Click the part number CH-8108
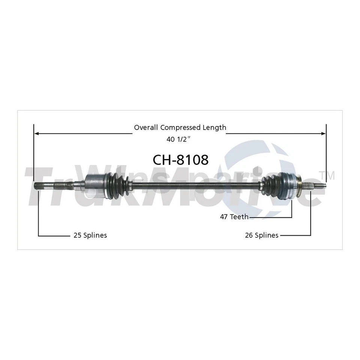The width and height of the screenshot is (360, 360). click(x=180, y=160)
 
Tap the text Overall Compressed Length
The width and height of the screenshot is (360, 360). click(x=180, y=127)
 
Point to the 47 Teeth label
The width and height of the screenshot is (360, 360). click(x=234, y=217)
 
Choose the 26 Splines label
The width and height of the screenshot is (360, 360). click(x=261, y=235)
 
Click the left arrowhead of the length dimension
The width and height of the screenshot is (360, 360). click(x=36, y=133)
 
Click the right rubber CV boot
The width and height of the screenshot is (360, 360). click(x=271, y=184)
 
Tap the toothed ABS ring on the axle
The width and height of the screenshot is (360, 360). click(x=291, y=183)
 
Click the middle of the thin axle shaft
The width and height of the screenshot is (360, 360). click(x=195, y=184)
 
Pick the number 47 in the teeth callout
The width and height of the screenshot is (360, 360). click(x=224, y=217)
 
